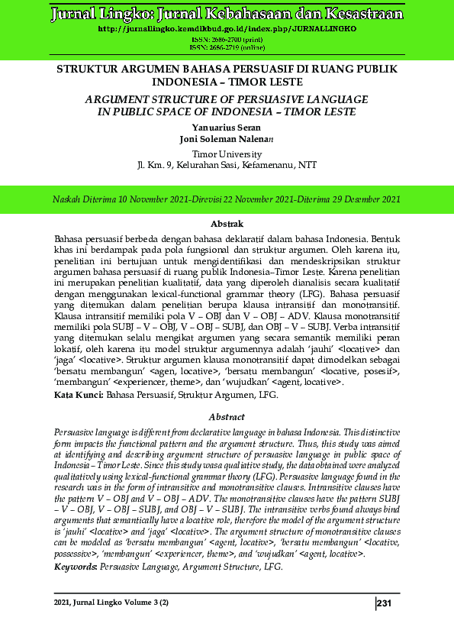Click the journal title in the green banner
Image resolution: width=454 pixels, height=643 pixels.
click(x=227, y=14)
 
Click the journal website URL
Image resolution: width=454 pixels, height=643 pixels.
click(x=227, y=28)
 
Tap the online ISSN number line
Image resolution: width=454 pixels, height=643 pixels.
click(x=227, y=46)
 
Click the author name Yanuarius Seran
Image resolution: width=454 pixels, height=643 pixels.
click(x=227, y=128)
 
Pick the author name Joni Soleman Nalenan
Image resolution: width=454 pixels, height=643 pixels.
click(x=227, y=139)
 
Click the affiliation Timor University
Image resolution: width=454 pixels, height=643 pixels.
click(x=227, y=153)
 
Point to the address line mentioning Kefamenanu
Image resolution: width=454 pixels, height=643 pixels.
click(x=227, y=164)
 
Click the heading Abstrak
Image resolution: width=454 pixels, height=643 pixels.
click(x=227, y=224)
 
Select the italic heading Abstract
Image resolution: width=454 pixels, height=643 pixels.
click(x=227, y=417)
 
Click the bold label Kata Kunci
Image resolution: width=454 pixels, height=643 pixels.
click(x=79, y=395)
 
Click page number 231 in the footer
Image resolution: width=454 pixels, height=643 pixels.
click(x=385, y=604)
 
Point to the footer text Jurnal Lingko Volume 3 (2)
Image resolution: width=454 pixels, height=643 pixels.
click(x=111, y=604)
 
